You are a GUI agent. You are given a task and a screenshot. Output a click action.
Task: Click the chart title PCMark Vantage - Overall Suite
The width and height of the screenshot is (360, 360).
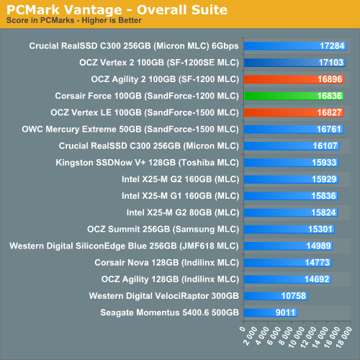coord(117,9)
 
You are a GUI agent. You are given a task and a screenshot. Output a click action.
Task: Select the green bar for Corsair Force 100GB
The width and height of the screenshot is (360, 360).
coord(294,95)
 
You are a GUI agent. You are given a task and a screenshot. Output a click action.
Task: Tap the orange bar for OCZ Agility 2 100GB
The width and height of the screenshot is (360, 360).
coord(294,78)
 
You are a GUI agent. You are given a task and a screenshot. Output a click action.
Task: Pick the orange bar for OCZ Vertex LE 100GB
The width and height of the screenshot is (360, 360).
coord(294,112)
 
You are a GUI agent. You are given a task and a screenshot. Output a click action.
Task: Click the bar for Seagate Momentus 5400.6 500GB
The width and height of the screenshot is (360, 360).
coord(271,312)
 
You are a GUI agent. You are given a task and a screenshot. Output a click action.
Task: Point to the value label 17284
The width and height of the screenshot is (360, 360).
coord(332,45)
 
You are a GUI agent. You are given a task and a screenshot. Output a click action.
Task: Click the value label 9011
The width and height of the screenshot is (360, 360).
coord(285,312)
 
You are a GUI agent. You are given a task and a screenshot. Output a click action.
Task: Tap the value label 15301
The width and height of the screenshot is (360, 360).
coord(320,228)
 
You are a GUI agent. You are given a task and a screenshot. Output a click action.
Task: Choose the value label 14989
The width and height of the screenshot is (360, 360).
coord(318,246)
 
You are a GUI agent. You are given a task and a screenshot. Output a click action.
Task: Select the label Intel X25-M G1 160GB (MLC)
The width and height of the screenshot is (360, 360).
coord(179,195)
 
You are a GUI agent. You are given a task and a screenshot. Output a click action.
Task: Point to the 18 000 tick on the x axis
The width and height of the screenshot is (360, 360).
coord(347,340)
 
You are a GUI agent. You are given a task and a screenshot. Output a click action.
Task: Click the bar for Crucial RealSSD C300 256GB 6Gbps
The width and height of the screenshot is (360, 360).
coord(295,45)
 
